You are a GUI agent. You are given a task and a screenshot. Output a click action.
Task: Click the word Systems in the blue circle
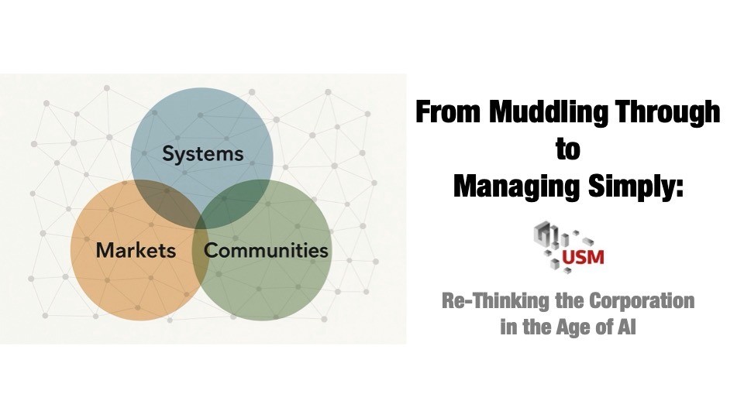coord(202,154)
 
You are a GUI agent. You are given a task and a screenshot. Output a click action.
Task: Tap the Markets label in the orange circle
coord(136,250)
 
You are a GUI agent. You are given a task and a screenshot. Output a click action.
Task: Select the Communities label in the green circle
coord(266,250)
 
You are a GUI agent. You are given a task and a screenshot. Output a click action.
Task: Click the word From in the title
coord(449,111)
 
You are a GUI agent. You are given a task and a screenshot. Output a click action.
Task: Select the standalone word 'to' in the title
coord(568,149)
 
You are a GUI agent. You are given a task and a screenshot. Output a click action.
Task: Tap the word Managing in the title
coord(517,186)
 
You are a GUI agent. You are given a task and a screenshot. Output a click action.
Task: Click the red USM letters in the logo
coord(583,258)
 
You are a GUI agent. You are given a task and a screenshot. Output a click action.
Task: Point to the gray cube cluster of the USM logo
coord(555,246)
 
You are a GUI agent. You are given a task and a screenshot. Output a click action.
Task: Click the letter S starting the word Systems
coord(168,153)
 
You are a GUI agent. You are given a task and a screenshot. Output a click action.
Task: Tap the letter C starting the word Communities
coord(211,250)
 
